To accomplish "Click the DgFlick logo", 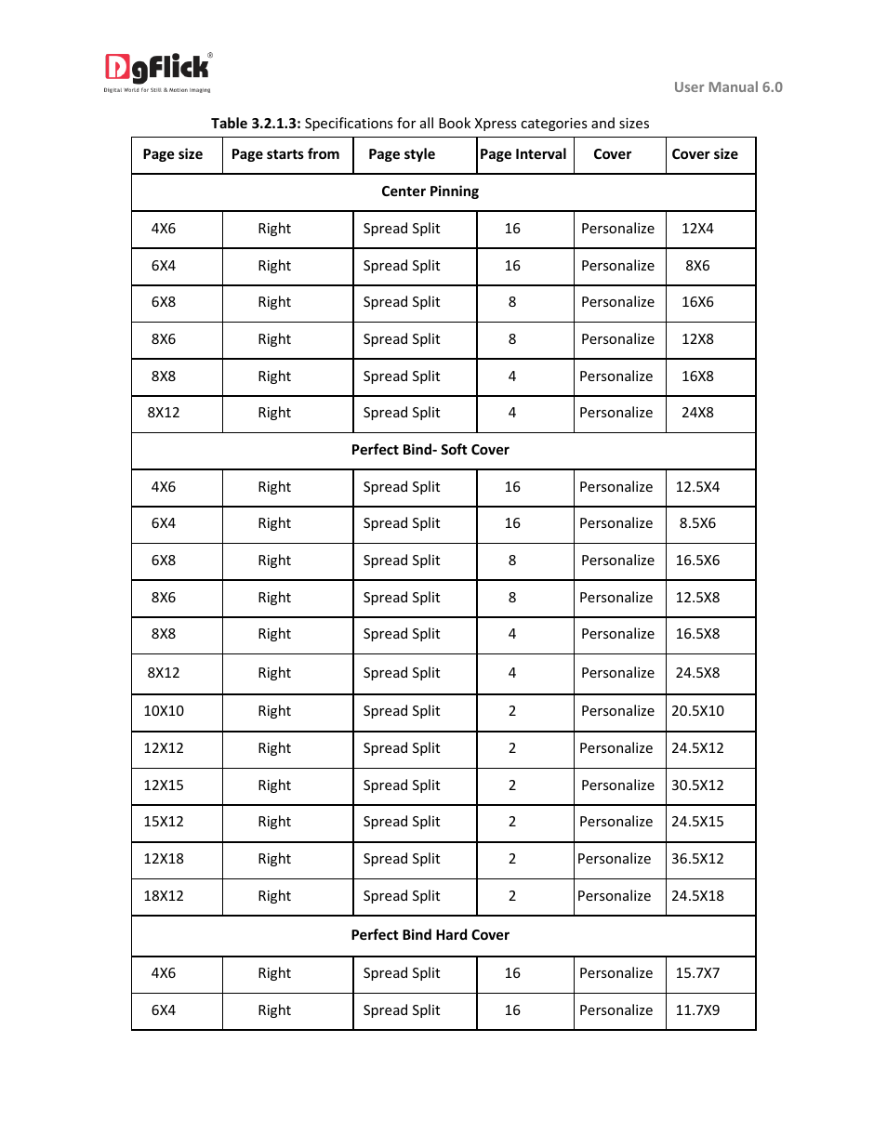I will click(x=158, y=73).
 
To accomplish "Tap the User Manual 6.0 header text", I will click(x=727, y=87).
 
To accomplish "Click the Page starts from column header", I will click(x=285, y=154).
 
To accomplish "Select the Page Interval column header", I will click(x=523, y=154).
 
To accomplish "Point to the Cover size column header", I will click(x=705, y=154).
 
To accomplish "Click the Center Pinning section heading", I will click(x=430, y=191).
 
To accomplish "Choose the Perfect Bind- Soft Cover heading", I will click(x=430, y=450).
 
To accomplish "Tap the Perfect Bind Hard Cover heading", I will click(x=430, y=935).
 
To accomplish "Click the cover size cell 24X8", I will click(x=697, y=413).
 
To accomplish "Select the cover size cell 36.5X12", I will click(x=697, y=859).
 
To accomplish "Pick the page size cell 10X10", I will click(x=164, y=711).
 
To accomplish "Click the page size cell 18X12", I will click(x=164, y=896).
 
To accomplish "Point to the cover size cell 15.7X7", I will click(x=697, y=973).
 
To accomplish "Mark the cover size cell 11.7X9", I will click(x=697, y=1010).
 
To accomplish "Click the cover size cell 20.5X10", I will click(x=697, y=711).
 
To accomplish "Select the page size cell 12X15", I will click(x=164, y=785).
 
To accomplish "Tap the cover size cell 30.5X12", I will click(x=697, y=785).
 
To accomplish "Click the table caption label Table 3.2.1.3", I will click(x=256, y=124).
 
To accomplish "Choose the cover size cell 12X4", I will click(x=697, y=229).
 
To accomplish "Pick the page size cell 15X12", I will click(x=164, y=822).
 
